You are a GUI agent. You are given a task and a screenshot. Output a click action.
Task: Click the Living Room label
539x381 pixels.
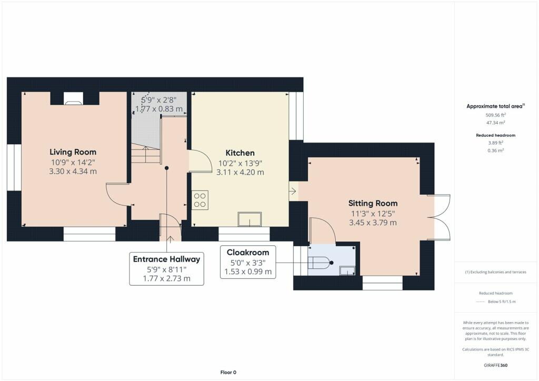pyautogui.click(x=73, y=153)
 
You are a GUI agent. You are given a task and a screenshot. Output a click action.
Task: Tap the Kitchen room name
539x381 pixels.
pyautogui.click(x=239, y=153)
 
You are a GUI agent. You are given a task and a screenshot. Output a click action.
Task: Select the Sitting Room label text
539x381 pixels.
pyautogui.click(x=373, y=203)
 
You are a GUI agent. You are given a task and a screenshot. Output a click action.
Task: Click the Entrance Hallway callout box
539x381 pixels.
pyautogui.click(x=166, y=268)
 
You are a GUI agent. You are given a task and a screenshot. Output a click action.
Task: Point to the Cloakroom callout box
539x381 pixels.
pyautogui.click(x=248, y=262)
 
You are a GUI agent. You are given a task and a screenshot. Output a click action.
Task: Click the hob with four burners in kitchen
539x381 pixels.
pyautogui.click(x=199, y=200)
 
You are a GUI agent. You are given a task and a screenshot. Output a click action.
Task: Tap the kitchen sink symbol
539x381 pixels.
pyautogui.click(x=249, y=219)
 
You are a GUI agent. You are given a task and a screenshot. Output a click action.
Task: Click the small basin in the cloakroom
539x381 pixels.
pyautogui.click(x=347, y=270)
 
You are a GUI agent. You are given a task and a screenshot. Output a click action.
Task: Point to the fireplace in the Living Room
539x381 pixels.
pyautogui.click(x=73, y=98)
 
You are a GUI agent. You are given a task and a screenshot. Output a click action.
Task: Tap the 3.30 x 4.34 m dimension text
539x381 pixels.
pyautogui.click(x=73, y=172)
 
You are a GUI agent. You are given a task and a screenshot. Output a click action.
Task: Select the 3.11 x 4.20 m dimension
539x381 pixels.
pyautogui.click(x=239, y=172)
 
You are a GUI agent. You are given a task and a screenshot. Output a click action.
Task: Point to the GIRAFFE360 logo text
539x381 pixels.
pyautogui.click(x=495, y=365)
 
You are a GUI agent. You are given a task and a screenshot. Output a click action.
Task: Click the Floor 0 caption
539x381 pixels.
pyautogui.click(x=228, y=373)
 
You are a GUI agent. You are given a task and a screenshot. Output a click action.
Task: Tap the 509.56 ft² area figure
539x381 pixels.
pyautogui.click(x=495, y=114)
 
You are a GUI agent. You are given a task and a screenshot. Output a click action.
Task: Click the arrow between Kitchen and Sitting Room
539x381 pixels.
pyautogui.click(x=293, y=191)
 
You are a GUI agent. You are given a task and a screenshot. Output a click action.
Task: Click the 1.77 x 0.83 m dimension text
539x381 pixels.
pyautogui.click(x=159, y=109)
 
